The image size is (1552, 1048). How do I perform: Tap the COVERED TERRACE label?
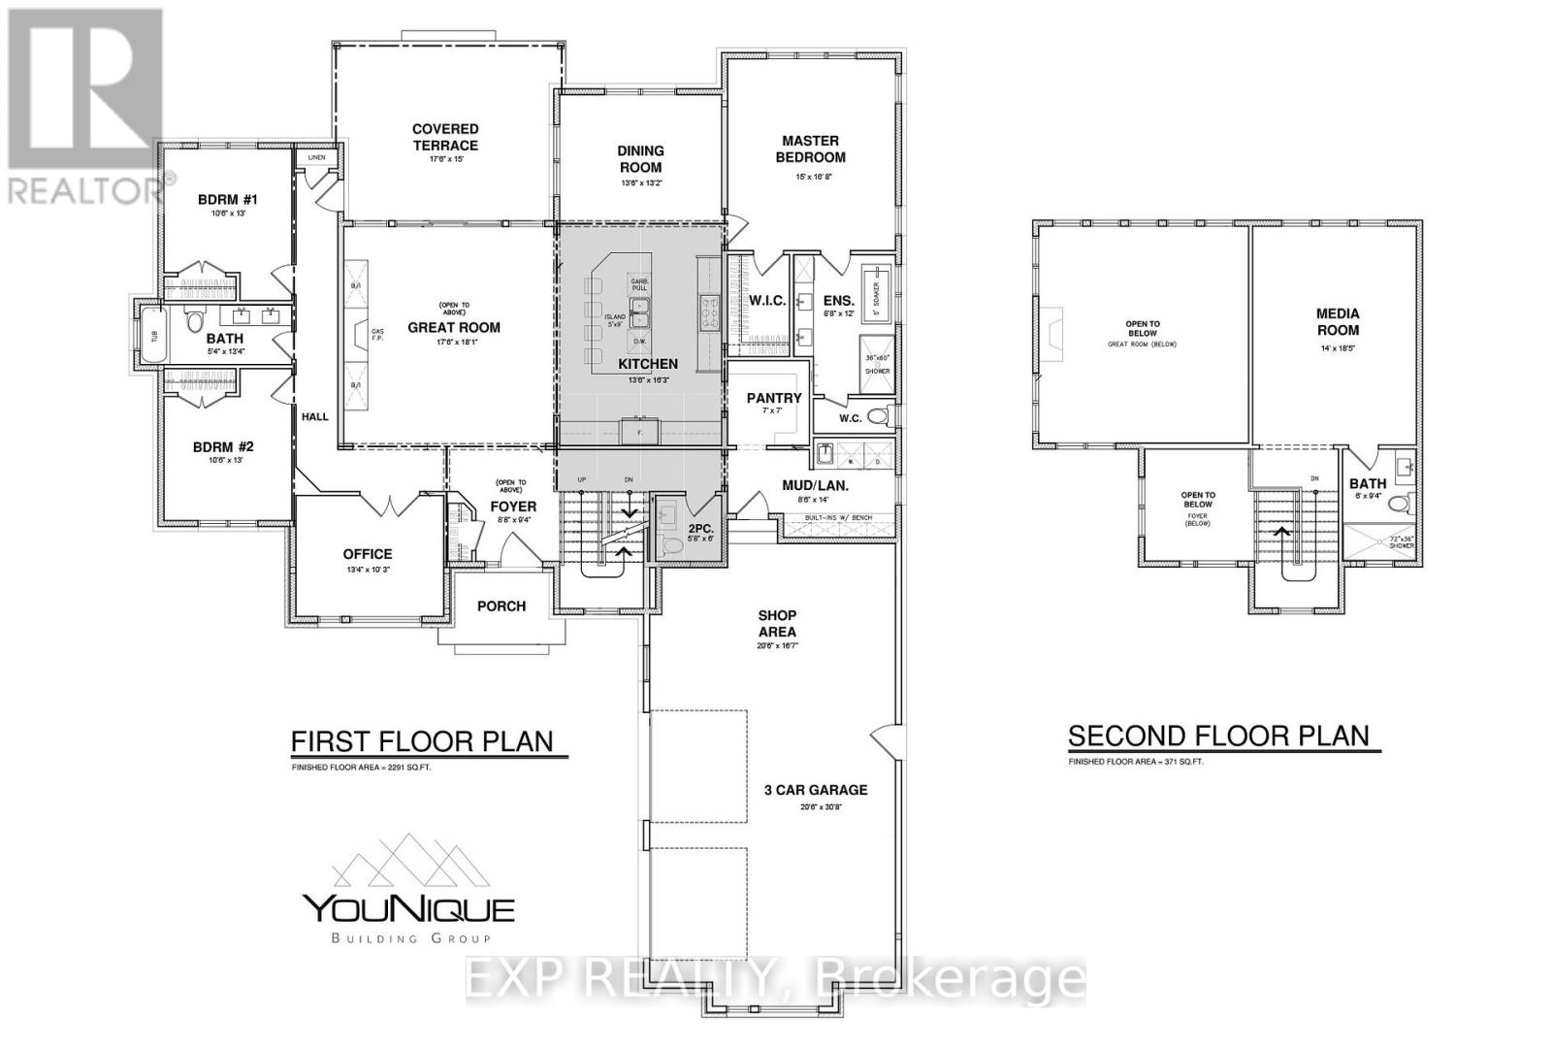pyautogui.click(x=445, y=137)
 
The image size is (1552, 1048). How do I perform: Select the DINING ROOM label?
pyautogui.click(x=640, y=158)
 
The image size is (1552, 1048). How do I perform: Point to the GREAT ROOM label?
pyautogui.click(x=454, y=327)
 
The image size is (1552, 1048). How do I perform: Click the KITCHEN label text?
pyautogui.click(x=648, y=364)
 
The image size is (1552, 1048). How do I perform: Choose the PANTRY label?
pyautogui.click(x=774, y=398)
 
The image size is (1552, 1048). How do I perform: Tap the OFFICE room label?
pyautogui.click(x=368, y=554)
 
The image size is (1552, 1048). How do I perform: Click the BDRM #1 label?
pyautogui.click(x=228, y=200)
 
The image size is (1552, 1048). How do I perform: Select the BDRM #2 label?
pyautogui.click(x=223, y=446)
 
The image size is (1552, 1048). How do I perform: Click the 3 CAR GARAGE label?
pyautogui.click(x=815, y=790)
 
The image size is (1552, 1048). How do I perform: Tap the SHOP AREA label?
pyautogui.click(x=777, y=623)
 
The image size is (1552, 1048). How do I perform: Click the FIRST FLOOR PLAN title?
pyautogui.click(x=422, y=742)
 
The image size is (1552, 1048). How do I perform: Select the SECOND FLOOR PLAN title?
pyautogui.click(x=1218, y=737)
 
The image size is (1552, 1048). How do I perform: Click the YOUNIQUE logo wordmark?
pyautogui.click(x=409, y=909)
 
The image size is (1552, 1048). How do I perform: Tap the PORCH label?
pyautogui.click(x=501, y=606)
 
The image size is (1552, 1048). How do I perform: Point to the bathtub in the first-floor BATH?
pyautogui.click(x=152, y=336)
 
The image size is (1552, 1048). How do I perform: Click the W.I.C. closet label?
pyautogui.click(x=767, y=301)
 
